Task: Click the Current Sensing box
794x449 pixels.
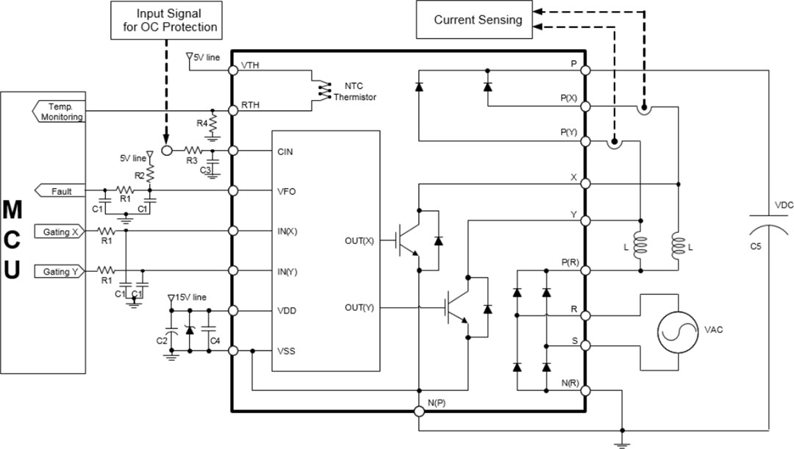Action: click(478, 20)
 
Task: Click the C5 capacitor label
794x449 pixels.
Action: click(755, 247)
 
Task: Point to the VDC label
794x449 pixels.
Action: click(783, 206)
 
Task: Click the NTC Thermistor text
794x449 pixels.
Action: click(355, 92)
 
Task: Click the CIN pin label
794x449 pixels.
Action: click(286, 151)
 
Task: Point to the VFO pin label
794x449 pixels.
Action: click(287, 191)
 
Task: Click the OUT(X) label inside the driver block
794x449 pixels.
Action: click(359, 240)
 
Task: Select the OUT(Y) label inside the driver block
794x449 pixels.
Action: click(359, 307)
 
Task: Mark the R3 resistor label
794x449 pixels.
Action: click(191, 159)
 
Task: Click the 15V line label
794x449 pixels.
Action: click(190, 297)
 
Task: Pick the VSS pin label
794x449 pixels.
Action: click(287, 351)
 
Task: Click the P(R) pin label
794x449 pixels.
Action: click(569, 262)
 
